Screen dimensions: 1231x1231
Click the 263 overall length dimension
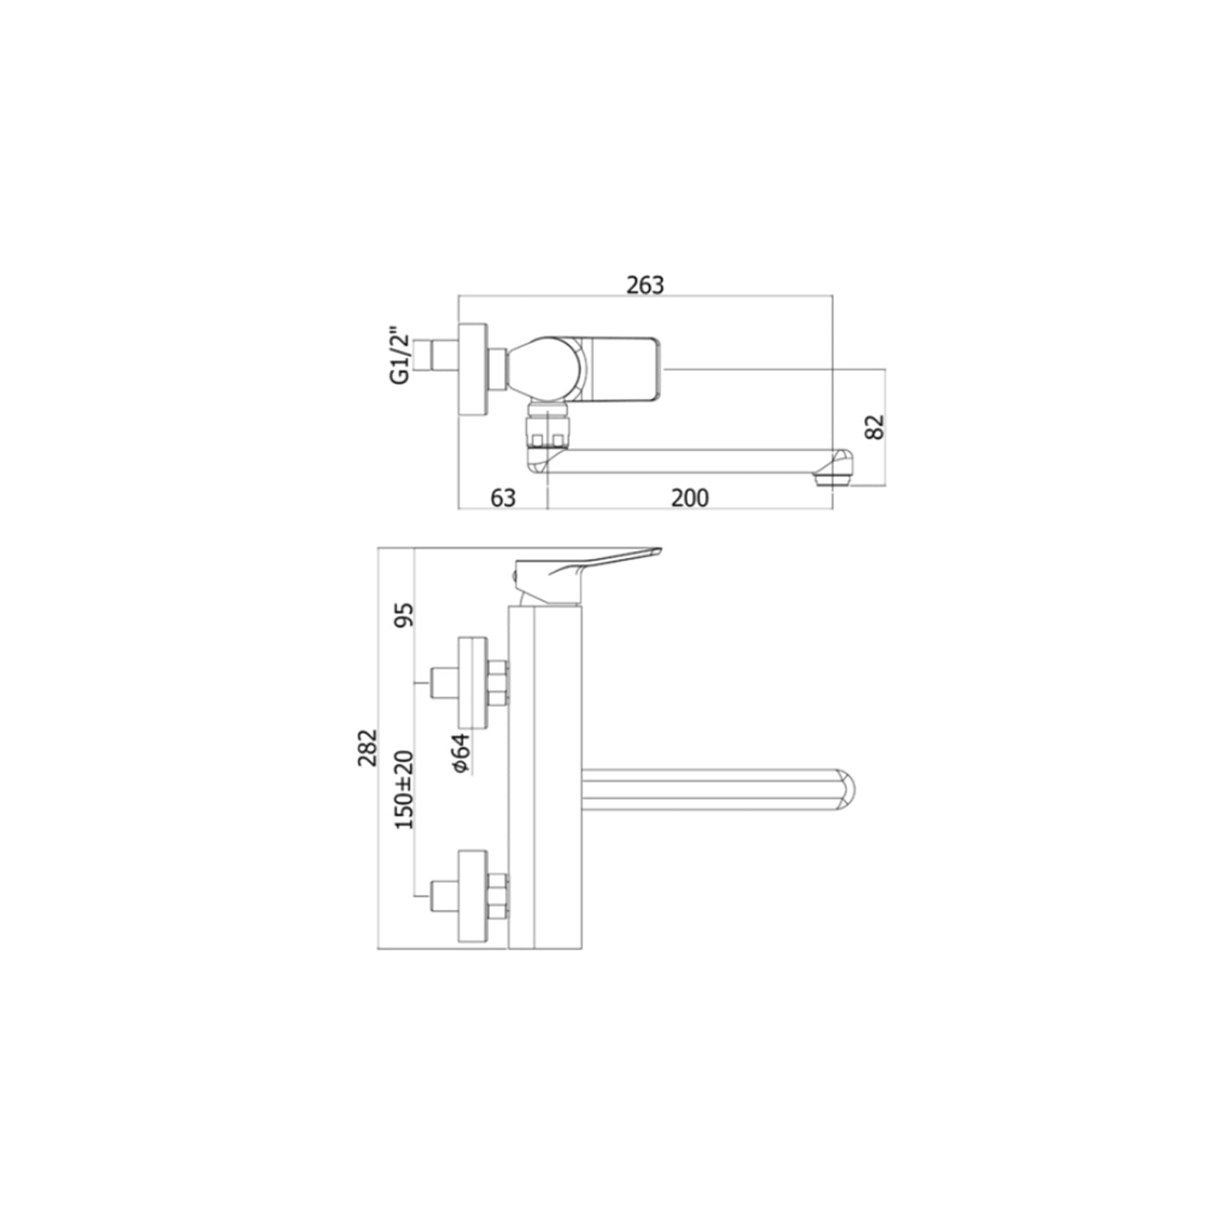pos(644,285)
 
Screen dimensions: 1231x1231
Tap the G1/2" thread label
pos(400,356)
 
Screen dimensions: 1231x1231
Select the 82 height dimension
pos(876,426)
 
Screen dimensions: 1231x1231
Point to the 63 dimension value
pos(502,497)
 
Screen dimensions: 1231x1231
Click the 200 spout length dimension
pos(689,497)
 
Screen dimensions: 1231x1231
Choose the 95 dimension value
pos(405,614)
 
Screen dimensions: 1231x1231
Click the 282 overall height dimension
pos(367,748)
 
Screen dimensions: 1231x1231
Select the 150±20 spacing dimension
pos(405,789)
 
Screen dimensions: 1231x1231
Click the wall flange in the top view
pos(472,369)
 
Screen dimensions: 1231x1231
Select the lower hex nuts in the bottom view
pos(497,896)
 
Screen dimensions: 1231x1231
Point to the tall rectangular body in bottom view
pos(546,780)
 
